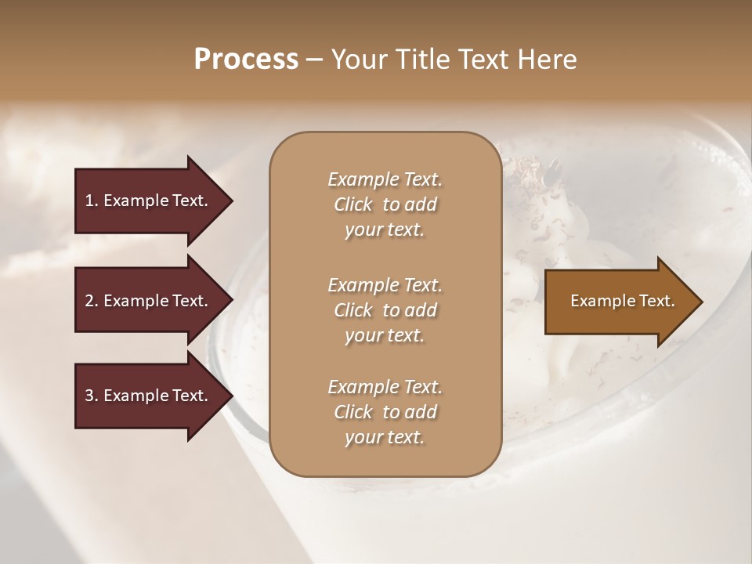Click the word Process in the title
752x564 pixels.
pos(246,60)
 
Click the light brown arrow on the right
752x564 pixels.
pos(619,301)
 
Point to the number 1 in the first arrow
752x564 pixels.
pos(89,201)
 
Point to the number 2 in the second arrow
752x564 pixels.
pos(89,301)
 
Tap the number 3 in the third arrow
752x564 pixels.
pos(89,396)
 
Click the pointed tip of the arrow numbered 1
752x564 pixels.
pos(230,201)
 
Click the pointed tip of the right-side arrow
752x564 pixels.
pos(700,301)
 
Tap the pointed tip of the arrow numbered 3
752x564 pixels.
pos(230,396)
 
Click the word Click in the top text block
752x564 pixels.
pos(353,204)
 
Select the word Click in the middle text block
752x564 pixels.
pos(353,310)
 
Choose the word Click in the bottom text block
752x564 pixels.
pos(353,412)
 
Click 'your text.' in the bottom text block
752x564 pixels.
pos(385,437)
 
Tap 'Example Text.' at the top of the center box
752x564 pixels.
pos(385,179)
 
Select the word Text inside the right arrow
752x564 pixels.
pos(656,301)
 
